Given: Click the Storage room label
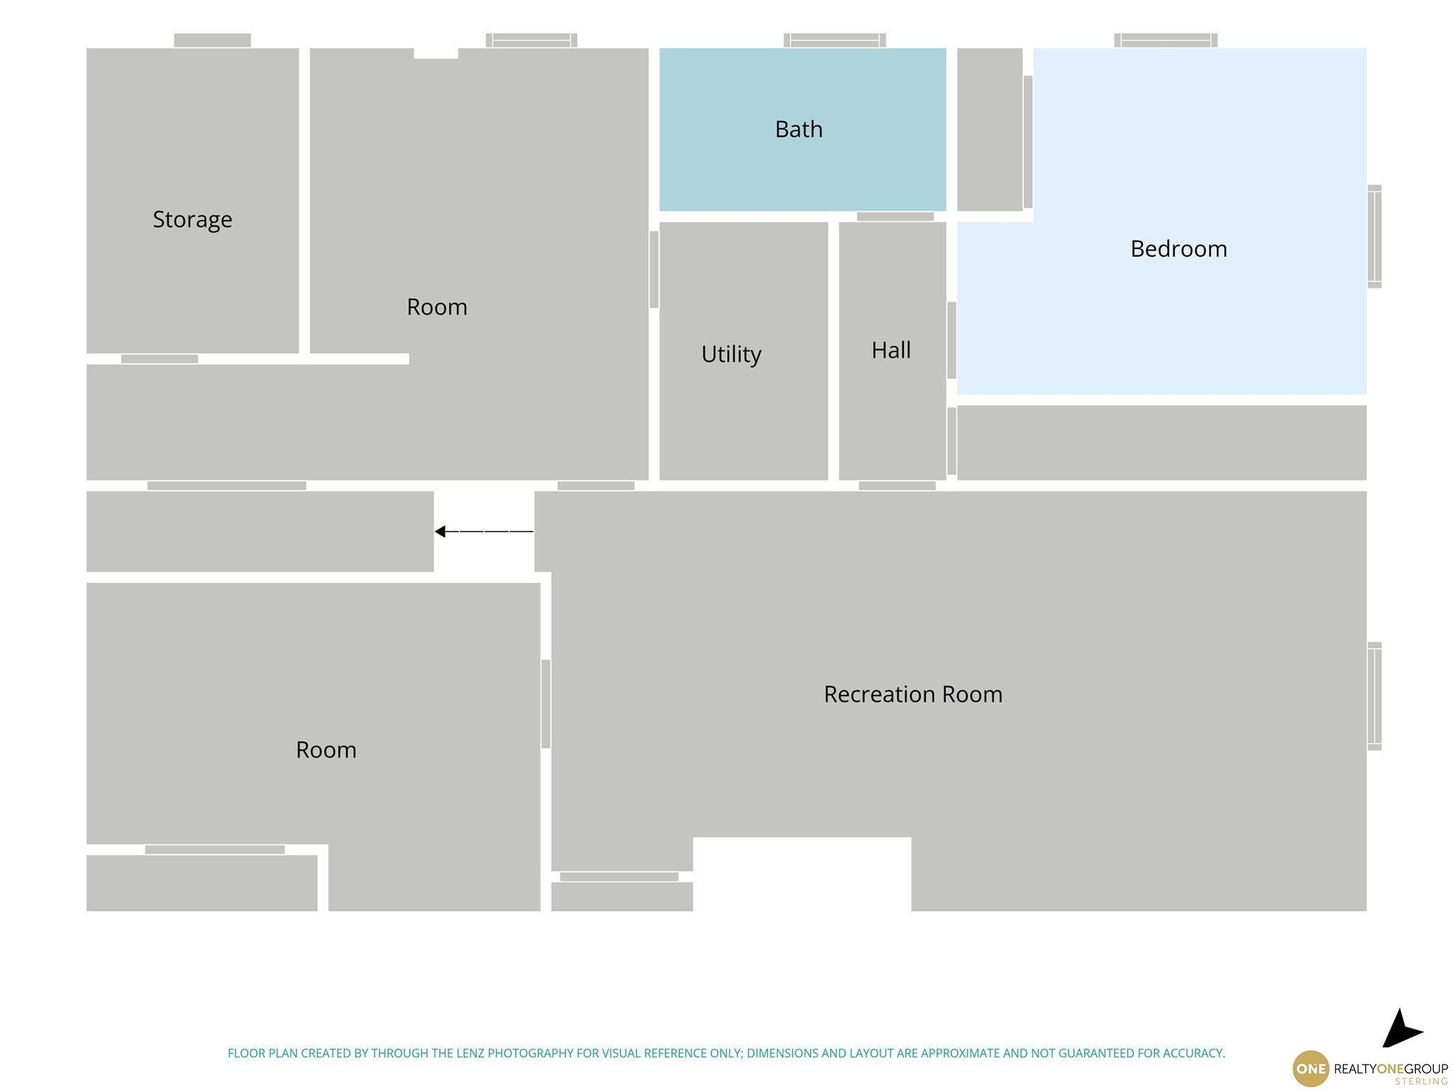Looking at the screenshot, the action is coord(192,219).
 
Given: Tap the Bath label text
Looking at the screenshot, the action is coord(799,129).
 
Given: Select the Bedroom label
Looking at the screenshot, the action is coord(1178,248).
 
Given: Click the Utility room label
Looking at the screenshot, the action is coord(731,353).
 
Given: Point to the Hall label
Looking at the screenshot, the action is coord(891,350).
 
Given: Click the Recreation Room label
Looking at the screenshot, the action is coord(913,694).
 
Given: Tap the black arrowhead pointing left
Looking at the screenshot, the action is coord(440,532).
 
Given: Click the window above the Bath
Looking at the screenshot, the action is coord(834,40).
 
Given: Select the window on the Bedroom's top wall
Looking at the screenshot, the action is coord(1166,40).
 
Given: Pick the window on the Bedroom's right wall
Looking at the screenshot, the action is coord(1374,236).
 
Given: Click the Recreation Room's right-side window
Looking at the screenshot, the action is coord(1374,696).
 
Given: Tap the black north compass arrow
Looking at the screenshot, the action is coord(1400,1028).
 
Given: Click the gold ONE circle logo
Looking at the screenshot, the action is coord(1310,1069).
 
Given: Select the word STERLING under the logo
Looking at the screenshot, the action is coord(1421,1081).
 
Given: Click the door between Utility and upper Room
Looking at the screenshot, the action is coord(653,270).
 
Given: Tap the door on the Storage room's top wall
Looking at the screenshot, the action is coord(212,40).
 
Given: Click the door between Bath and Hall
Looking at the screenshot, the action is coord(895,216).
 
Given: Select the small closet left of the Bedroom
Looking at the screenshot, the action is coord(990,129).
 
